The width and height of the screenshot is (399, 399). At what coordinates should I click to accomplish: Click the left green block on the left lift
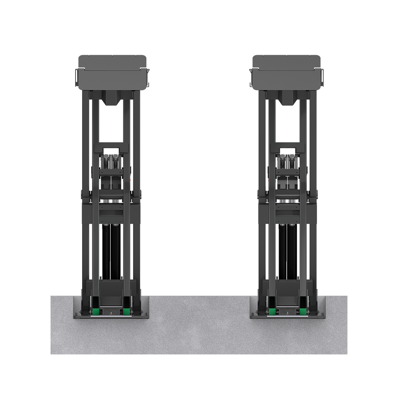(x=96, y=312)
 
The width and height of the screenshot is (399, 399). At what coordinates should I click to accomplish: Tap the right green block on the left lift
(x=126, y=312)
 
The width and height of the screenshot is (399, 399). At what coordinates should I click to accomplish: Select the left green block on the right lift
(x=272, y=312)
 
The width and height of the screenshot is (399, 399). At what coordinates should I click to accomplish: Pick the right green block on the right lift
(x=303, y=312)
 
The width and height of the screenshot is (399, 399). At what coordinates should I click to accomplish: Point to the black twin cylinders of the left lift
(x=111, y=251)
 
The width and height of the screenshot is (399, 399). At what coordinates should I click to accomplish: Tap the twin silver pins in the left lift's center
(x=111, y=201)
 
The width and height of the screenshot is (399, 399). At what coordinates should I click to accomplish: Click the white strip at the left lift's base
(x=111, y=316)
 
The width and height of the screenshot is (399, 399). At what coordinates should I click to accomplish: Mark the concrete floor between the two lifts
(x=199, y=316)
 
